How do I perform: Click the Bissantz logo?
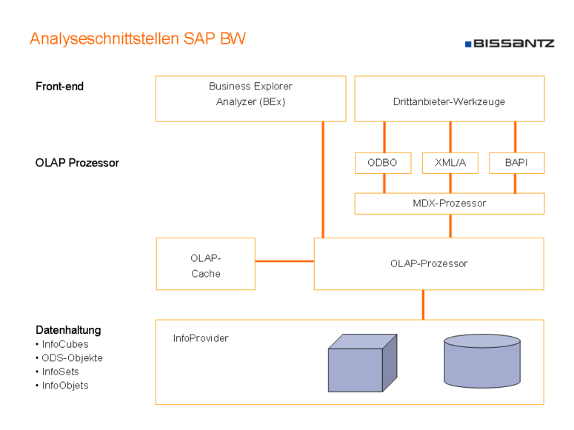click(509, 44)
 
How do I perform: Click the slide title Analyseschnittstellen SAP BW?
click(137, 39)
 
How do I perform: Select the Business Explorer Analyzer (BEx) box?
click(250, 98)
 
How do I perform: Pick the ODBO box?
click(383, 163)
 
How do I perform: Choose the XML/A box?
click(450, 163)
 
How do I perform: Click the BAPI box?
click(516, 163)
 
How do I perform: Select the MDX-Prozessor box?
click(449, 204)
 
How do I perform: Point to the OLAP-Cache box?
click(205, 263)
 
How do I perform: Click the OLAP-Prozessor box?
click(429, 263)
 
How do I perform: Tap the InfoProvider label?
click(201, 338)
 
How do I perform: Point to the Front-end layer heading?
click(60, 87)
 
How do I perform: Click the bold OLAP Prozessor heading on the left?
click(77, 163)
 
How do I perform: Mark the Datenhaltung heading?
click(68, 330)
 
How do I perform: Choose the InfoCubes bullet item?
click(65, 344)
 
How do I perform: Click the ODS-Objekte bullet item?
click(72, 358)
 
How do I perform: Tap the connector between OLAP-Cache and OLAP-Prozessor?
click(284, 261)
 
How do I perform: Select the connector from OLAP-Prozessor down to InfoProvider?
click(424, 304)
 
